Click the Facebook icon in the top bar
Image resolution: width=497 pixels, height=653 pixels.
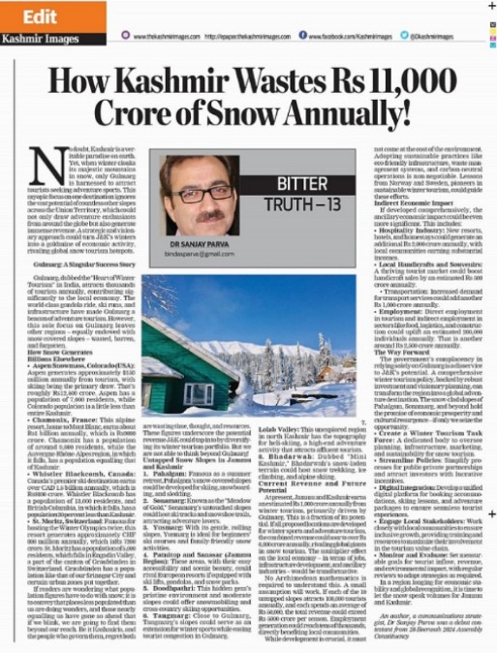(x=303, y=35)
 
